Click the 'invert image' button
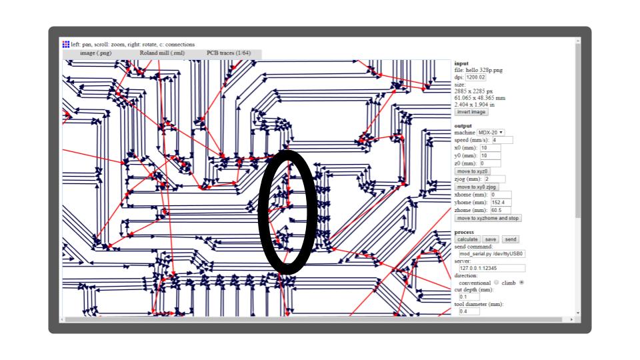coord(471,112)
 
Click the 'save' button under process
coord(491,239)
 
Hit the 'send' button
coord(510,239)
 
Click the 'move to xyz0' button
coord(473,171)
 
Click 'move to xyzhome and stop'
coord(488,218)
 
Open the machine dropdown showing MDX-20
coord(491,133)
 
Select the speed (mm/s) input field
coord(502,141)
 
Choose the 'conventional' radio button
coord(496,283)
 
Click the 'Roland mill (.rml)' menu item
coord(162,53)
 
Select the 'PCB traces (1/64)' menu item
coord(228,53)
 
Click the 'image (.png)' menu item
coord(96,53)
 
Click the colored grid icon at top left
coord(65,45)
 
